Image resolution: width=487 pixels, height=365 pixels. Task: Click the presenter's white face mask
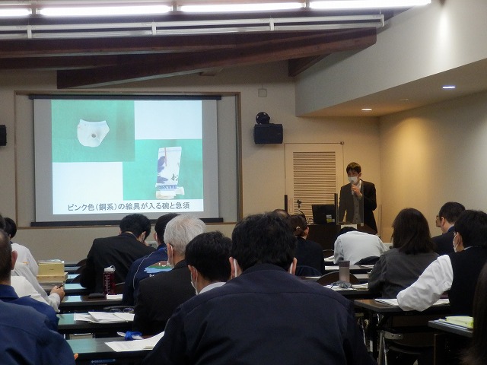click(x=353, y=179)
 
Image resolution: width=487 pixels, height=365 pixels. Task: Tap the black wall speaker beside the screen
click(x=268, y=134)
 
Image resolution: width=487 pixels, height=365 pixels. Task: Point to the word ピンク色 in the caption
click(x=81, y=207)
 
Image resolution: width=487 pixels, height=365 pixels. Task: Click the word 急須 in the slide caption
click(x=183, y=205)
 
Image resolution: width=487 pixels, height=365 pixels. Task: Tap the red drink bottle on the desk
click(x=109, y=281)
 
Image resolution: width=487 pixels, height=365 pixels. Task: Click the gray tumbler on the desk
click(x=344, y=271)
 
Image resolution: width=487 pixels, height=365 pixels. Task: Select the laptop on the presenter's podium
click(x=323, y=214)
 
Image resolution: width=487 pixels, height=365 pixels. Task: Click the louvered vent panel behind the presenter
click(x=314, y=182)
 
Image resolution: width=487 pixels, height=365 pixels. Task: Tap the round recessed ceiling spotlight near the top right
click(x=448, y=87)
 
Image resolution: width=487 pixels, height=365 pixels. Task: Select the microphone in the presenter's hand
click(x=352, y=189)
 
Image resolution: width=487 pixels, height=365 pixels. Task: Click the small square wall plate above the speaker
click(x=263, y=93)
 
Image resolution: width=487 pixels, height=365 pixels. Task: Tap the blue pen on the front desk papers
click(x=132, y=335)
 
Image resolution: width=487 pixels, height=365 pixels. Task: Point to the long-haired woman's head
click(x=412, y=230)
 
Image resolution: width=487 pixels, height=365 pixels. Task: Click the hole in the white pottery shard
click(x=94, y=135)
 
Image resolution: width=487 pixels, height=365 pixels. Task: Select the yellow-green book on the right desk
click(x=460, y=322)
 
